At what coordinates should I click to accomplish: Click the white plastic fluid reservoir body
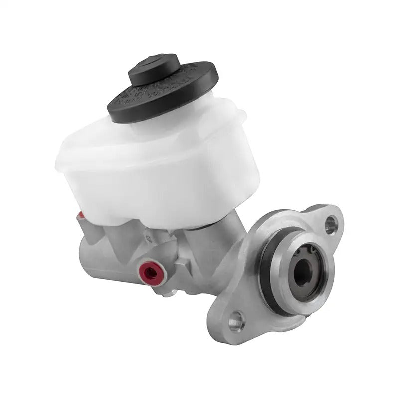click(150, 170)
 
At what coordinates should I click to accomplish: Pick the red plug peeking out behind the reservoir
click(81, 216)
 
